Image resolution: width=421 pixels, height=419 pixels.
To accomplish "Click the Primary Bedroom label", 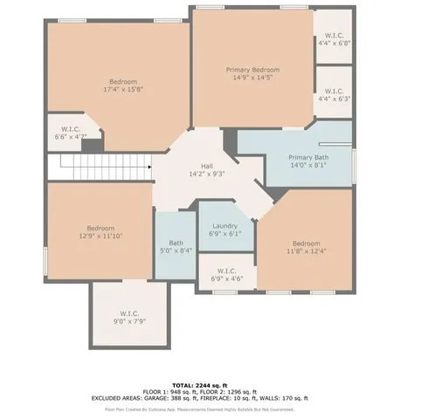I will click(252, 69).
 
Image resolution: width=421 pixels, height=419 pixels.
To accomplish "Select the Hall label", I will click(207, 166).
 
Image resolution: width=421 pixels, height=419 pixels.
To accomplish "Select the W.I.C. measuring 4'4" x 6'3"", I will click(334, 92).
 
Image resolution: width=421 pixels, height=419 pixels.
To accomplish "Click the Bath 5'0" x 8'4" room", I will click(176, 247).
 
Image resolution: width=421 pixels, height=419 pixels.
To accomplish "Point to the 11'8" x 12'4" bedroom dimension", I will click(307, 251).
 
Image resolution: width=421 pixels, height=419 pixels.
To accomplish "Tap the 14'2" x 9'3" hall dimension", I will click(207, 174).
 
